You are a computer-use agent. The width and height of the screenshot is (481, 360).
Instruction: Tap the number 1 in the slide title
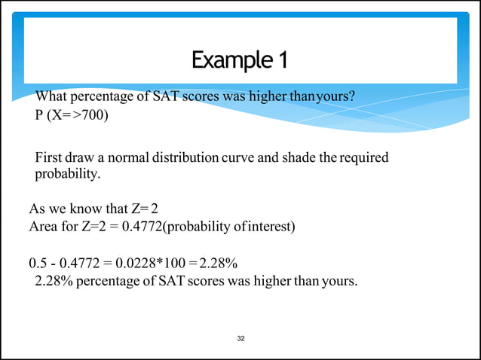(283, 59)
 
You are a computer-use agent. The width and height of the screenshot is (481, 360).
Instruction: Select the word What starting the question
(51, 97)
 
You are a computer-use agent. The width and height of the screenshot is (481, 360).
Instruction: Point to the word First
(48, 158)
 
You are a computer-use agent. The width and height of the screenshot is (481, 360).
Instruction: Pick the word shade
(293, 158)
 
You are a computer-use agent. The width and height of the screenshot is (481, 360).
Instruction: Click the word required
(365, 158)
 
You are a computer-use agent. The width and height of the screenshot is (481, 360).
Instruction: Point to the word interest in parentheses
(268, 227)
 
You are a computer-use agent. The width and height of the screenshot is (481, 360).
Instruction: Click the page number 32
(240, 338)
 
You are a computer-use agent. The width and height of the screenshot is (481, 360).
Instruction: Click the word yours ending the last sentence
(339, 282)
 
